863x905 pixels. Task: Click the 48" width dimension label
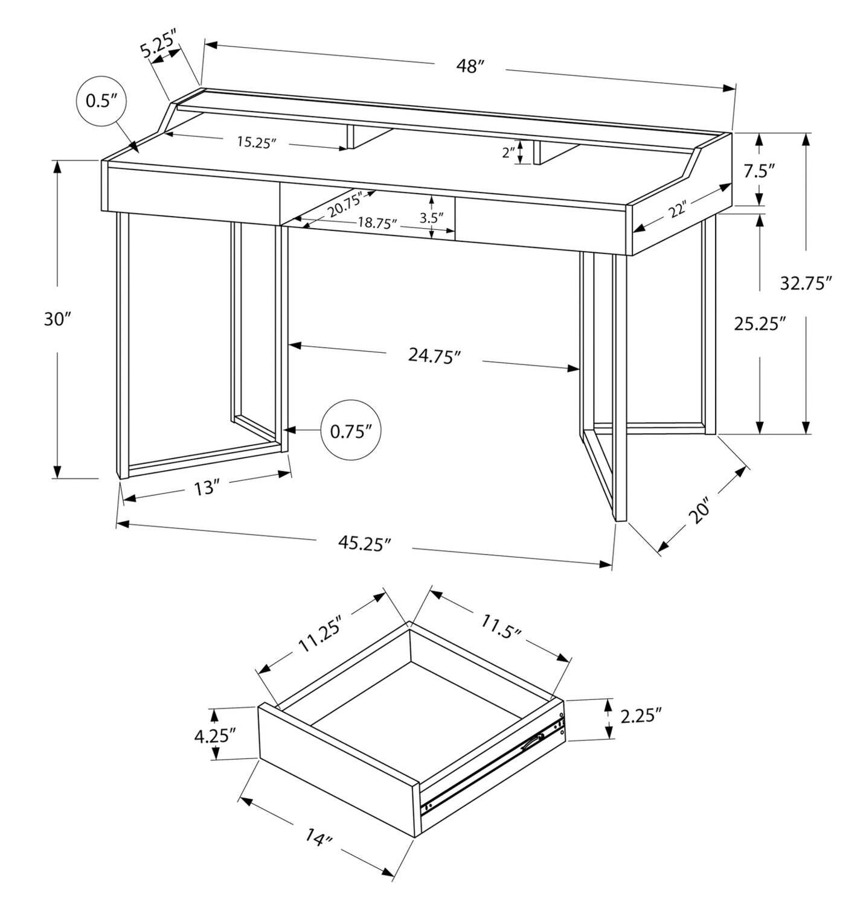pos(470,66)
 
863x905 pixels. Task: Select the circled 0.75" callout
pos(350,431)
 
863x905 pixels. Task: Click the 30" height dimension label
pos(57,319)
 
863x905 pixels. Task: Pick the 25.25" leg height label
pos(760,324)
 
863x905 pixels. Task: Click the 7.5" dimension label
pos(759,171)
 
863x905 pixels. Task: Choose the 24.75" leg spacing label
pos(435,356)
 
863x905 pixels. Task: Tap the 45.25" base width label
pos(365,544)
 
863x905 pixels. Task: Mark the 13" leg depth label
pos(205,487)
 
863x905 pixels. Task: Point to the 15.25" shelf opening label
pos(256,142)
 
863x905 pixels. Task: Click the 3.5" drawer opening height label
pos(432,217)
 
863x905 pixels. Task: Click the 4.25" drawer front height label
pos(214,735)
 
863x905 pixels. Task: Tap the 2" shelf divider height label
pos(508,153)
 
